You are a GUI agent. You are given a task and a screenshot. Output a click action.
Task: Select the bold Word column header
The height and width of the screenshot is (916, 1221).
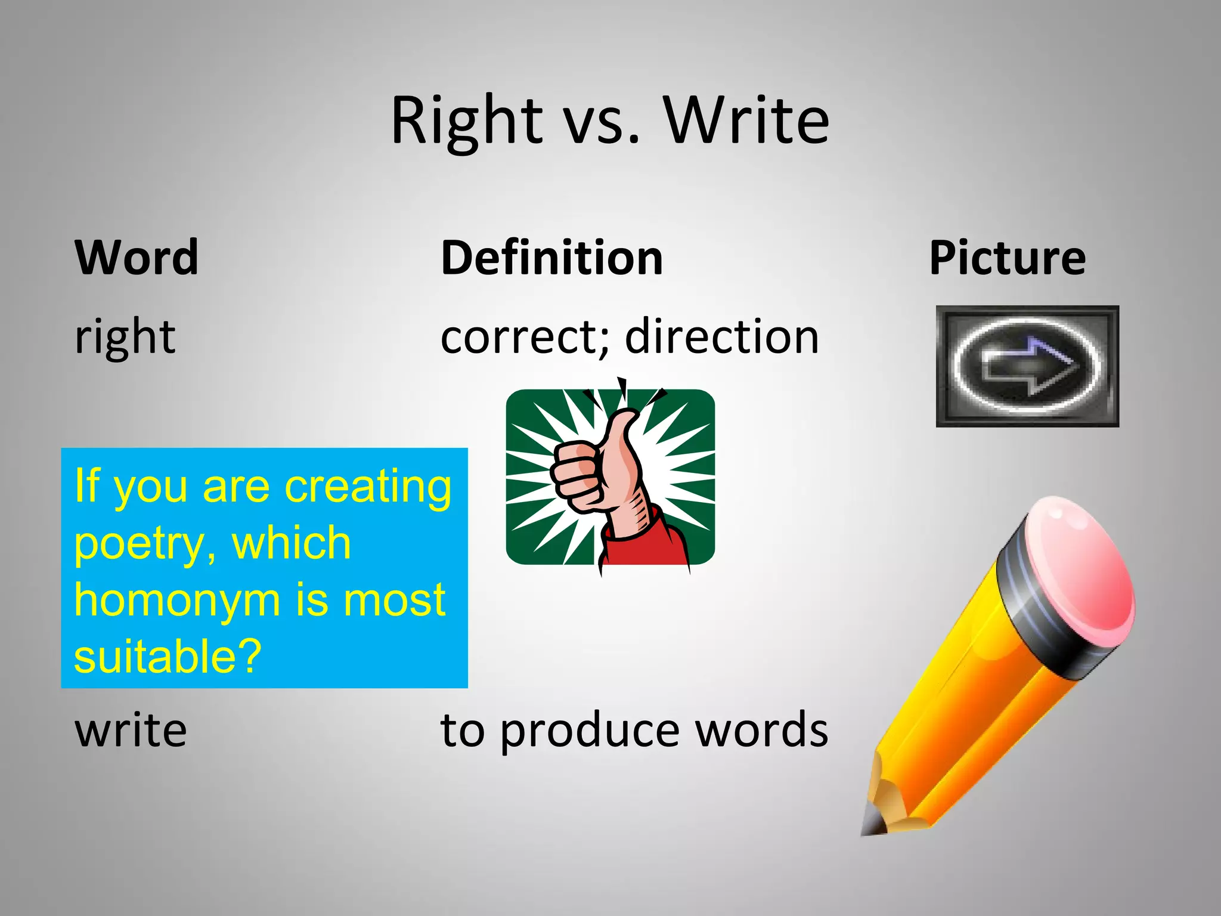coord(137,258)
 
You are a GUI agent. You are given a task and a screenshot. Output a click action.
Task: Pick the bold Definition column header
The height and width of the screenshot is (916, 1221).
coord(551,258)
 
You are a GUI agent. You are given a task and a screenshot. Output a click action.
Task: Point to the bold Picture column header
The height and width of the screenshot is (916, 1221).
coord(1007,258)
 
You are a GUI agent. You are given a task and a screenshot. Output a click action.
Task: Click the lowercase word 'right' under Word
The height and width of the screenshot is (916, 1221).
coord(125,338)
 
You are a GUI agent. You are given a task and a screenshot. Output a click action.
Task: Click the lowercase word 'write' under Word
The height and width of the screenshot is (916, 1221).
coord(131,730)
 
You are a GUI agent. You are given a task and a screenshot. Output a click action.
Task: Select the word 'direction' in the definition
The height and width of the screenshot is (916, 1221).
coord(722,336)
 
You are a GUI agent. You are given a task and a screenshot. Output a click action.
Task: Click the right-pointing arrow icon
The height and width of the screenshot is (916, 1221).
coord(1029,366)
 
